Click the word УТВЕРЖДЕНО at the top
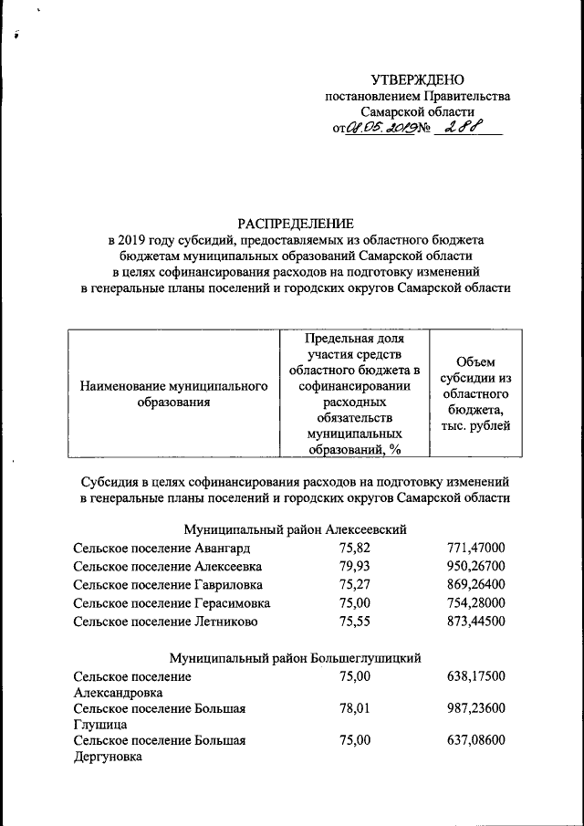click(x=417, y=80)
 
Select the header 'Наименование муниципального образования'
click(x=173, y=393)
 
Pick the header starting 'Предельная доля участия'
click(x=353, y=393)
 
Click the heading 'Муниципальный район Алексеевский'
click(x=295, y=529)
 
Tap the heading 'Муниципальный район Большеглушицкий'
click(x=295, y=657)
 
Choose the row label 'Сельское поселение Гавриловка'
click(x=168, y=585)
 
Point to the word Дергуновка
click(x=108, y=757)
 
